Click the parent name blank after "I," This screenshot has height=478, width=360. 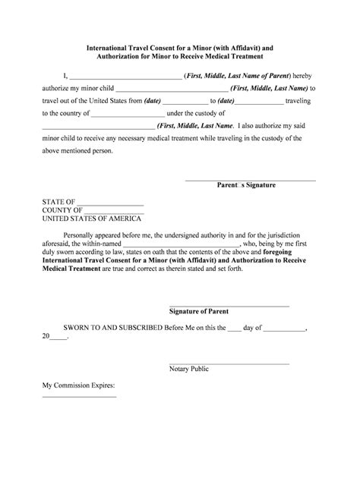[125, 78]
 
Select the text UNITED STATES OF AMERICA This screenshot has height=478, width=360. [91, 218]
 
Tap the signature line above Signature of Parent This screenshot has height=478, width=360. [229, 304]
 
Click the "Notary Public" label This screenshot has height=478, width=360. [189, 370]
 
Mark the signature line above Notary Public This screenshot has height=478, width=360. [229, 363]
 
